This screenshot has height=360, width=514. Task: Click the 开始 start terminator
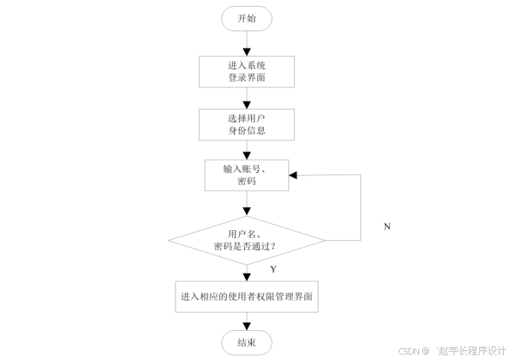coord(246,19)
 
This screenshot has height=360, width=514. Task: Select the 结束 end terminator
coord(246,342)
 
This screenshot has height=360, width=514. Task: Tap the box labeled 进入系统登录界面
coord(246,71)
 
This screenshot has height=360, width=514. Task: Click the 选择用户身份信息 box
coord(246,123)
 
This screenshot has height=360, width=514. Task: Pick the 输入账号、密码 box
coord(246,175)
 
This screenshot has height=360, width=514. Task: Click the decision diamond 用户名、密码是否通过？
coord(246,240)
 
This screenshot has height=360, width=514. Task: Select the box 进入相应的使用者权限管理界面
coord(246,296)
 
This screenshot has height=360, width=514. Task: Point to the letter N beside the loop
coord(387,227)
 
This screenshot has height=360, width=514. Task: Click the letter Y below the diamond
coord(273,268)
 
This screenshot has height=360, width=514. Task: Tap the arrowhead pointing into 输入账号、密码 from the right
coord(293,175)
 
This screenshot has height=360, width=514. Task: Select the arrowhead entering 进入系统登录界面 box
coord(246,51)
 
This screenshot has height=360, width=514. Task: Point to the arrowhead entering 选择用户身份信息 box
coord(246,103)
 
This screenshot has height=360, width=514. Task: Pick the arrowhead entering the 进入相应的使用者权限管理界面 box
coord(246,275)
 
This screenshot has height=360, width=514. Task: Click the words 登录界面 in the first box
coord(246,78)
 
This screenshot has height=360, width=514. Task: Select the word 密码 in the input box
coord(246,182)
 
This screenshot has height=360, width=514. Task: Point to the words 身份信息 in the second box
coord(246,130)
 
